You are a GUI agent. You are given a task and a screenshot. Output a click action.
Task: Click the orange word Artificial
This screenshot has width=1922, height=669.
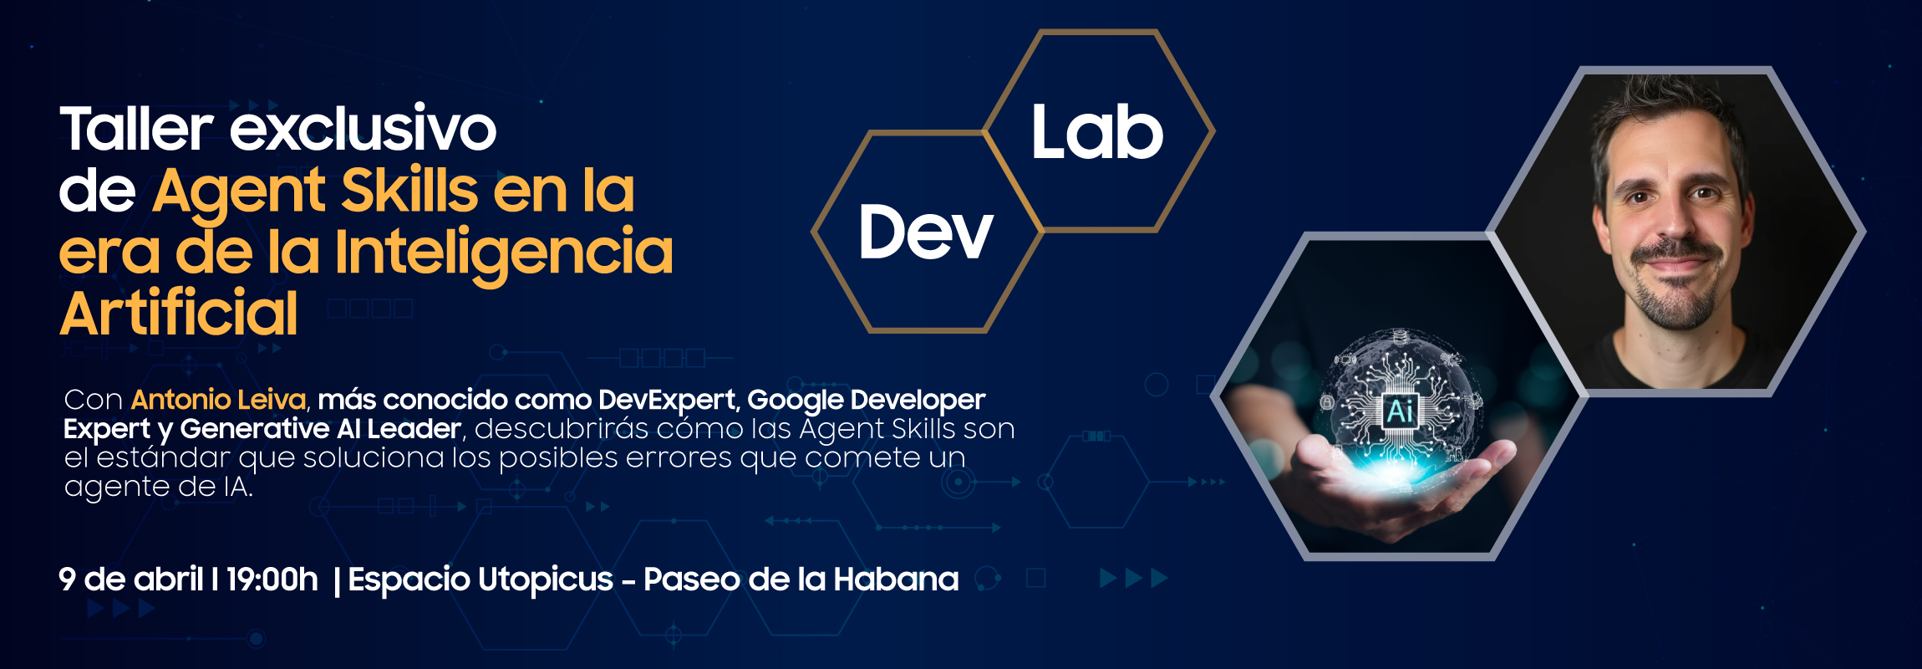179,313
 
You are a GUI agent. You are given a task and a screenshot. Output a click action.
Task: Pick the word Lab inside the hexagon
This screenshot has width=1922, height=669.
1097,132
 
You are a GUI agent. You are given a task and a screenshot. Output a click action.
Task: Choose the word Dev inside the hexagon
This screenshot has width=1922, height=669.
926,232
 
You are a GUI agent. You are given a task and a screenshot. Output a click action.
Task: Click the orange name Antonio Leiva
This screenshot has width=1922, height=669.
219,400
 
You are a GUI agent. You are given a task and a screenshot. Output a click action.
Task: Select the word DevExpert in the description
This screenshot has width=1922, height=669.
667,401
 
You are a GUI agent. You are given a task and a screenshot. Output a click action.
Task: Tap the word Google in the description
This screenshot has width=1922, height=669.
794,401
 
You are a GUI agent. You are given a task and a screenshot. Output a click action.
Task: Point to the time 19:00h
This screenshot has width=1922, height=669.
272,579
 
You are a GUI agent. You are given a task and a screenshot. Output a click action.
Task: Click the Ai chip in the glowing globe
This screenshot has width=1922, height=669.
1400,411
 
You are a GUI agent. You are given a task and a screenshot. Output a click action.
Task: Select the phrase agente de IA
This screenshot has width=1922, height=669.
159,487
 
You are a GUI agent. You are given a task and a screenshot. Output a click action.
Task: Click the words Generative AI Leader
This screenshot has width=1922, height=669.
320,429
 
